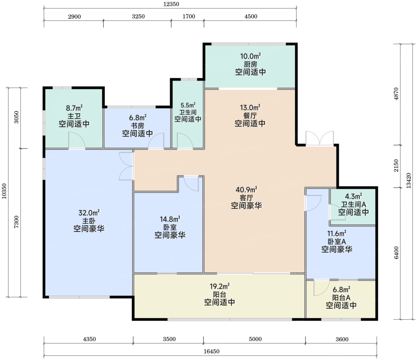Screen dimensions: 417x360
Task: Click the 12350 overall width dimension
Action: click(x=171, y=4)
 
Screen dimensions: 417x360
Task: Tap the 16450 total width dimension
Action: click(x=211, y=351)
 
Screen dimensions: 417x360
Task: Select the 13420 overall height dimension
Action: click(x=409, y=181)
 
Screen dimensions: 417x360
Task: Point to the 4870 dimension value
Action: click(x=396, y=94)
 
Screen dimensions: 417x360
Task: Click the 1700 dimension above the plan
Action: click(x=189, y=16)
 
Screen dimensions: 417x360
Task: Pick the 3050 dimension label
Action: click(x=17, y=117)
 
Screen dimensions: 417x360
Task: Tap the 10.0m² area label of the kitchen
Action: click(x=250, y=56)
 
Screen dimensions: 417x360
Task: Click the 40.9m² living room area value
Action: click(x=246, y=190)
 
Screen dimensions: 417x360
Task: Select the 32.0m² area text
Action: click(x=89, y=212)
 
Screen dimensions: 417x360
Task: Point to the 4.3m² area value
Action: click(x=353, y=196)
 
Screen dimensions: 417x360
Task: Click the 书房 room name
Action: click(x=138, y=125)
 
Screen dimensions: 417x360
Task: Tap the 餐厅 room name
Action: click(x=250, y=116)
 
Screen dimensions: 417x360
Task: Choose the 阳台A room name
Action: click(x=341, y=298)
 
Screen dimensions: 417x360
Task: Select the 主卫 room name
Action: click(x=74, y=116)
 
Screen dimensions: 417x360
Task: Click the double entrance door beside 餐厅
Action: click(x=320, y=138)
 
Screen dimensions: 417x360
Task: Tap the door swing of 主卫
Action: click(x=77, y=140)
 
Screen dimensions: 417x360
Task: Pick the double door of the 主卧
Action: click(x=126, y=166)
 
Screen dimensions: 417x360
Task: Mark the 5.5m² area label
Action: click(x=188, y=105)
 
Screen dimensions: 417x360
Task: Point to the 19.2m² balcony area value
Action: click(x=220, y=286)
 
